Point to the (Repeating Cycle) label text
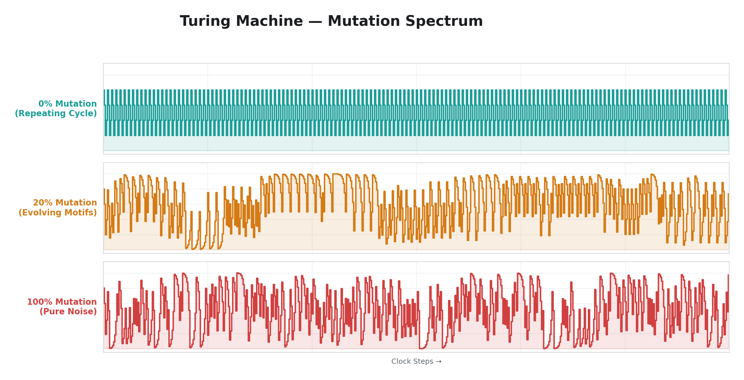click(56, 114)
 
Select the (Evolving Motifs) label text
click(58, 213)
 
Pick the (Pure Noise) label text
click(68, 312)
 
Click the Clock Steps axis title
click(412, 362)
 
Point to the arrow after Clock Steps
click(438, 362)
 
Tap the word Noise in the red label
click(83, 312)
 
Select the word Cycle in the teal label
click(83, 114)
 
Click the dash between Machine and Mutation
click(315, 21)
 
